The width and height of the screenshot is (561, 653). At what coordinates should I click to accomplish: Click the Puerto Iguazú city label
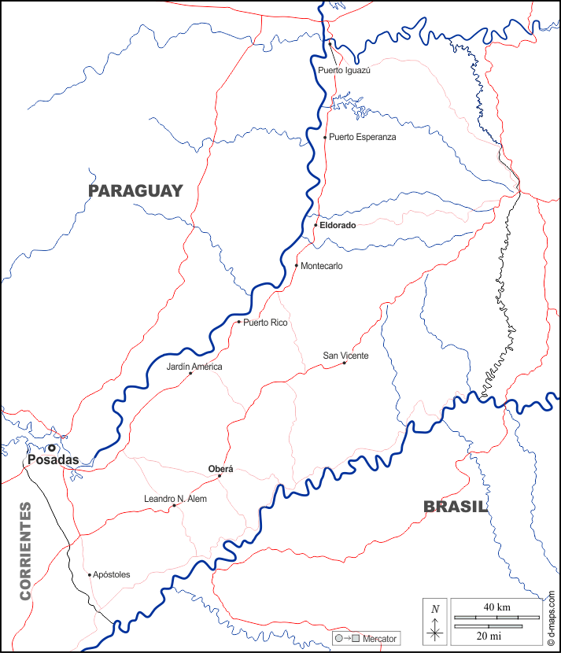344,70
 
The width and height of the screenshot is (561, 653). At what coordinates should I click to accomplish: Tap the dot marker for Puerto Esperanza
325,137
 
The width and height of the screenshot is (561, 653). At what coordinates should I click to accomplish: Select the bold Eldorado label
338,225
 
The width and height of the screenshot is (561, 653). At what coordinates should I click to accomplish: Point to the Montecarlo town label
322,266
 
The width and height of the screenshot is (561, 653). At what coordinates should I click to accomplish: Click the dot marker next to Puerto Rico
238,322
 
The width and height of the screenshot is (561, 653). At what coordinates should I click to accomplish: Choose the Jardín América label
194,367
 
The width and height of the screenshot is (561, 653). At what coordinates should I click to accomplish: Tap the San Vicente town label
345,356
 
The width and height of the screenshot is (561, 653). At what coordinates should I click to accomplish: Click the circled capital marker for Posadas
52,448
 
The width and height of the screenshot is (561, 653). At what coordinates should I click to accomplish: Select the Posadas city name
54,460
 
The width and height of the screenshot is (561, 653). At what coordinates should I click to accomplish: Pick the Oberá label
220,469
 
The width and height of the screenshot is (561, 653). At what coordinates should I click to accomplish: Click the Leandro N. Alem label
175,499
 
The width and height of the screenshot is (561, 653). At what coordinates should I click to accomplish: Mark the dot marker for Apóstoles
89,574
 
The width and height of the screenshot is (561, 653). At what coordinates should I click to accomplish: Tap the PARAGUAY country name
135,190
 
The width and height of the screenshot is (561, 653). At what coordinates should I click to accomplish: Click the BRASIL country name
456,507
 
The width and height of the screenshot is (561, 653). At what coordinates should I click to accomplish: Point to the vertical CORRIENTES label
26,551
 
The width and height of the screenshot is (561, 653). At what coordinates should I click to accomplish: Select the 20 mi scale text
488,635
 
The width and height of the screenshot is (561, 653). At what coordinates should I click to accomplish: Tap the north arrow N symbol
435,608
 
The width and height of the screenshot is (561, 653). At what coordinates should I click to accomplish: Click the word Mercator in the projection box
380,638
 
